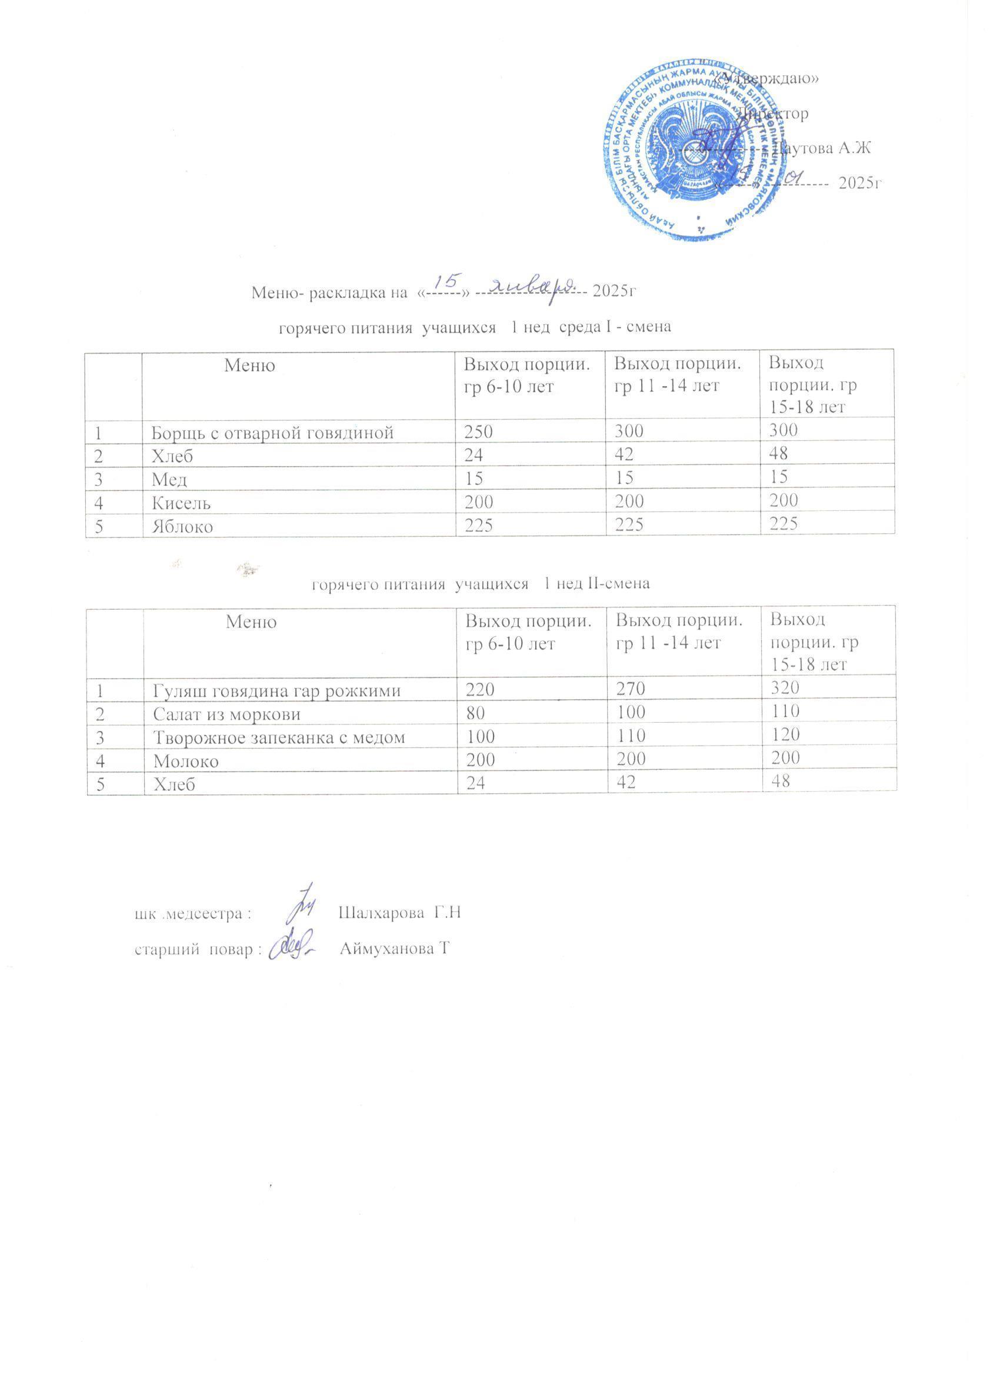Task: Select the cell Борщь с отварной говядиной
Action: pyautogui.click(x=272, y=432)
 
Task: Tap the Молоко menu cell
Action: pyautogui.click(x=186, y=761)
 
